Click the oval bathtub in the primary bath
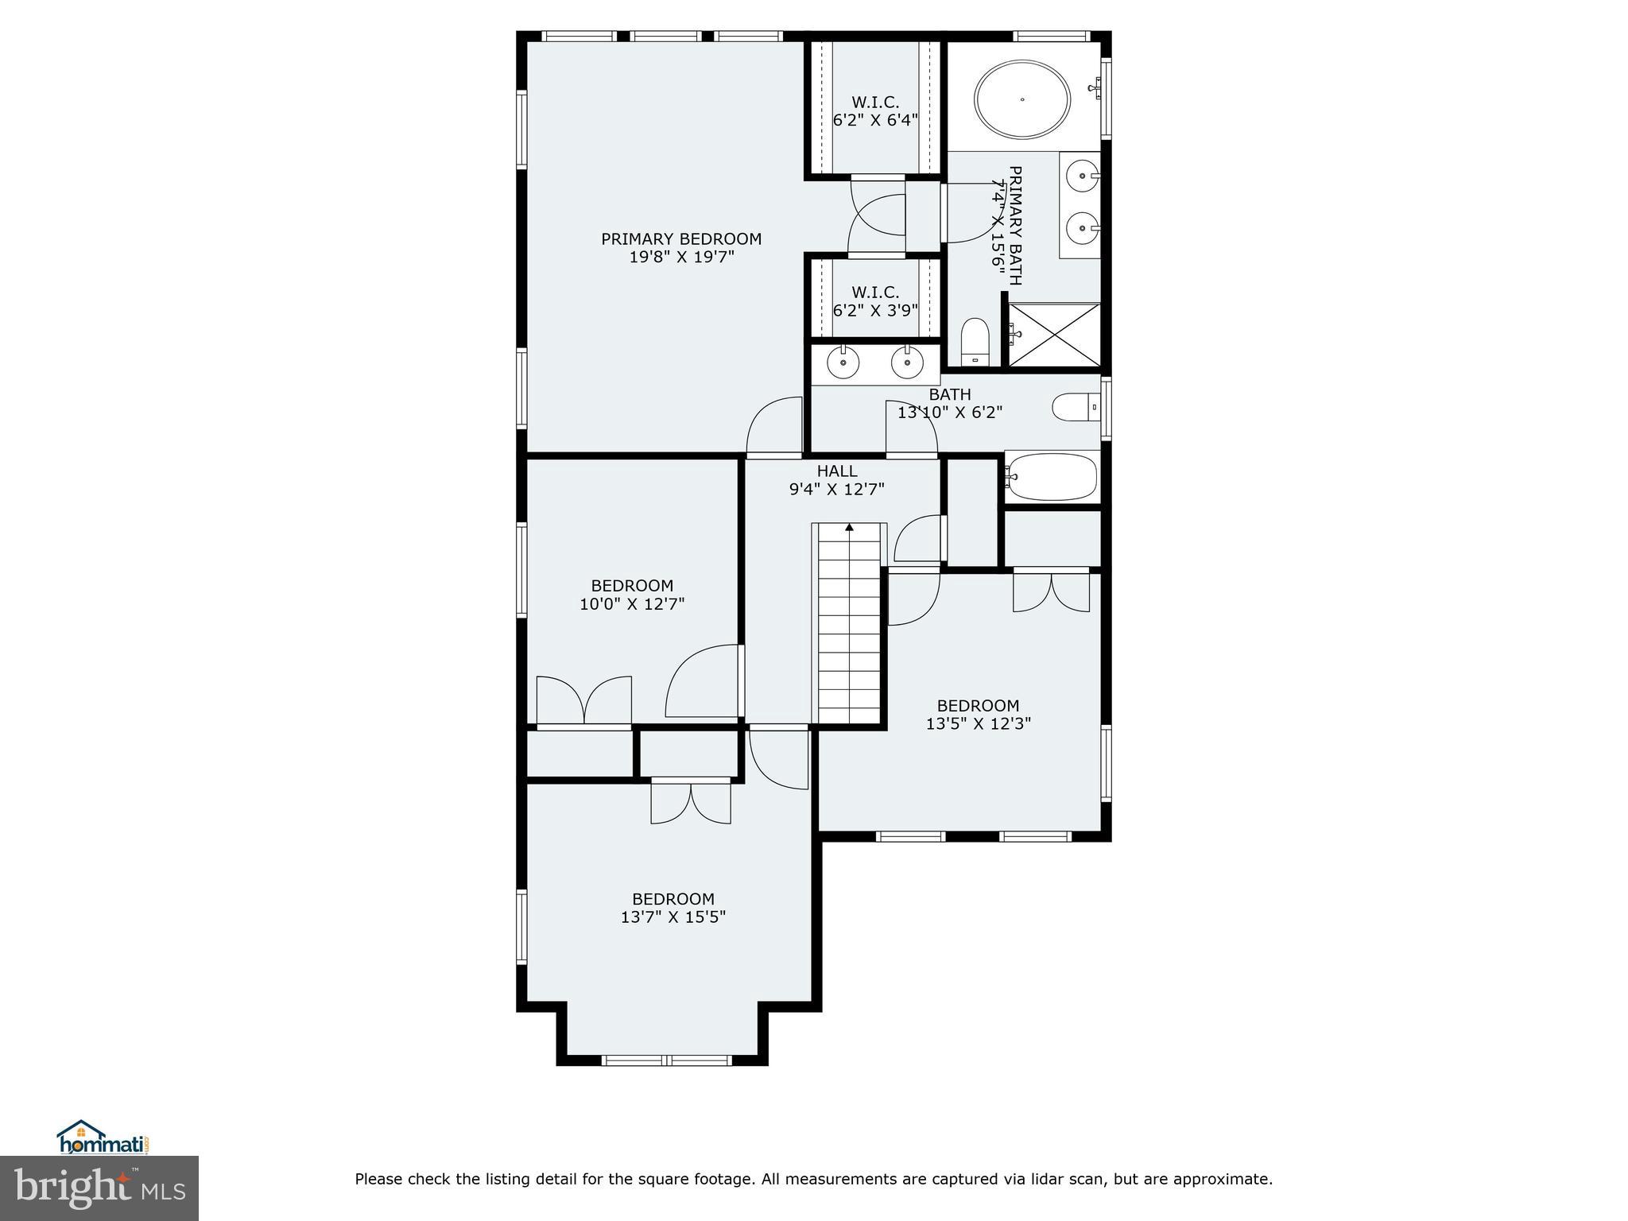click(x=1022, y=100)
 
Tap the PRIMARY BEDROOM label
click(x=680, y=239)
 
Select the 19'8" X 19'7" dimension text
click(x=680, y=258)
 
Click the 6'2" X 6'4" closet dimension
click(x=875, y=121)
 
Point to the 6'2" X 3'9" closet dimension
click(x=875, y=311)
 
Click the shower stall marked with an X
click(x=1055, y=335)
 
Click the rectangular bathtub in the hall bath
click(x=1051, y=477)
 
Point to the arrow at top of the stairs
click(x=849, y=527)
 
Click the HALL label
click(x=836, y=471)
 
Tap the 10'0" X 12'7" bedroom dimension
click(x=632, y=604)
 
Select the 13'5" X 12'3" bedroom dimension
click(x=978, y=724)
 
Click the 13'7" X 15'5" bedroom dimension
click(x=673, y=917)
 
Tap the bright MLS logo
click(x=99, y=1188)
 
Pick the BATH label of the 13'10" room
click(x=949, y=394)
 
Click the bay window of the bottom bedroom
click(x=666, y=1060)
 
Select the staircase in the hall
click(x=849, y=628)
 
